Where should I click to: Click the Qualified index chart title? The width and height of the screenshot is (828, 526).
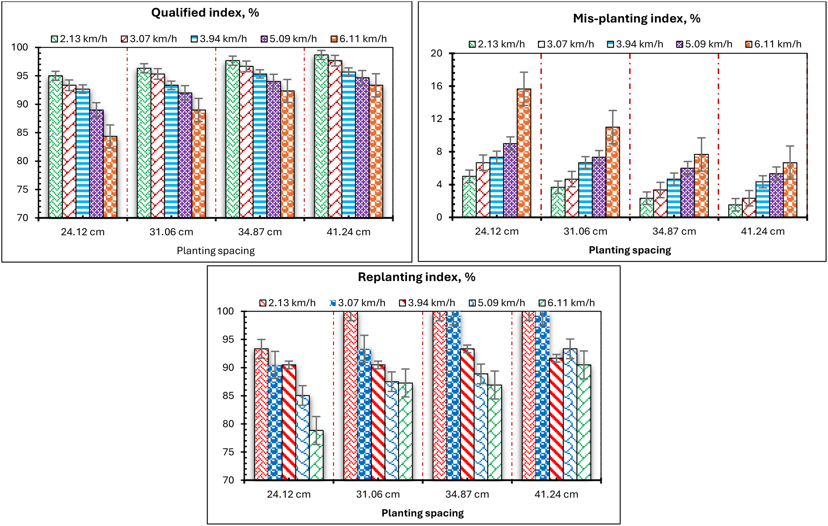point(205,13)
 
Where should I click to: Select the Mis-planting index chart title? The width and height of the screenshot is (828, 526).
point(637,19)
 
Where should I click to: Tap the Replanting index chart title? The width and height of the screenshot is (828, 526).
point(416,277)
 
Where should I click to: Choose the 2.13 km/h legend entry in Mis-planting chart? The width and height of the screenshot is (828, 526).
point(497,44)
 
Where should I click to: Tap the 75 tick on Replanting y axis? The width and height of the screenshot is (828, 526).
point(228,452)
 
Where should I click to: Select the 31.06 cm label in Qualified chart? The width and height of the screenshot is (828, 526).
point(171,232)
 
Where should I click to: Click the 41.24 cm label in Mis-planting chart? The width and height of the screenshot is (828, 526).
point(763,232)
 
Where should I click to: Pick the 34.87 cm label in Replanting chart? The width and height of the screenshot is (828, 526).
point(467,494)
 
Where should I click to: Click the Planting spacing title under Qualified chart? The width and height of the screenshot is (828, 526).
point(216,251)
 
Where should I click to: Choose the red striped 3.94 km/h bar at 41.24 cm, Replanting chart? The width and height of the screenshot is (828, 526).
point(556,419)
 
